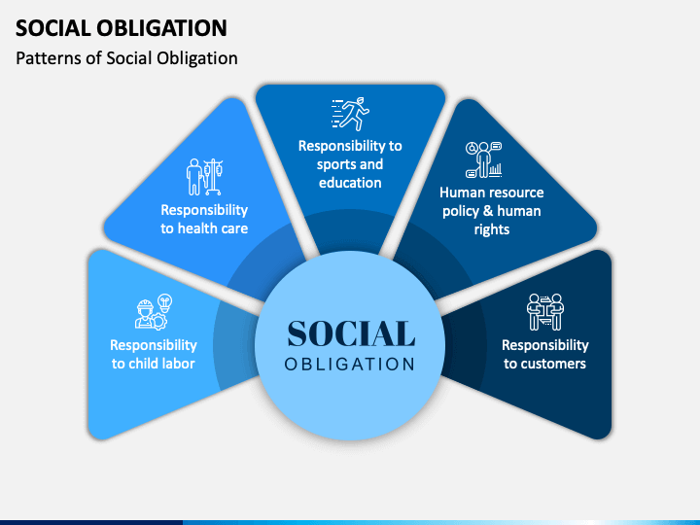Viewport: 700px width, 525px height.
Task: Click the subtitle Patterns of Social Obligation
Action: [127, 58]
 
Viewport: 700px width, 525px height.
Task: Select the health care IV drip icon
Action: [204, 177]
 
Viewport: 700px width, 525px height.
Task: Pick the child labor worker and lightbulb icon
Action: [153, 312]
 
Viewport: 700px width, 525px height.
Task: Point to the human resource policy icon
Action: [483, 160]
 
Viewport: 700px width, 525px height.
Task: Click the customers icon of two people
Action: [545, 312]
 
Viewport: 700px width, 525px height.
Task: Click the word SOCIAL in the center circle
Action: [351, 333]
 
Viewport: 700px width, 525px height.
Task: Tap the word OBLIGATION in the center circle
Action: [350, 365]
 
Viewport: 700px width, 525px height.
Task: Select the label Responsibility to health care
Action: [204, 219]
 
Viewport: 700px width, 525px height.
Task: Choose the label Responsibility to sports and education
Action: [350, 163]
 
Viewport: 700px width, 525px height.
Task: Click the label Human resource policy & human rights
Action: [491, 211]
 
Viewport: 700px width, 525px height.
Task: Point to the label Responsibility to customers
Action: [545, 354]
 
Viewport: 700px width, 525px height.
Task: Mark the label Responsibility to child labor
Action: [154, 354]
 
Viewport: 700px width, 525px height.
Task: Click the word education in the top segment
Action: [350, 182]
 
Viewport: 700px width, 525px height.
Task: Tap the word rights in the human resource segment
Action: [491, 229]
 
